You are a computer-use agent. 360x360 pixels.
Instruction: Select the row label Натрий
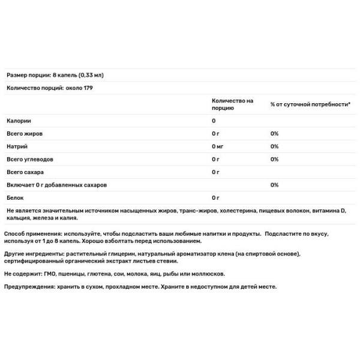point(16,146)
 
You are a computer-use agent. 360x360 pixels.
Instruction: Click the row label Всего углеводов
point(29,159)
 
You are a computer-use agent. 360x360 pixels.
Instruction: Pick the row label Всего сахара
point(25,172)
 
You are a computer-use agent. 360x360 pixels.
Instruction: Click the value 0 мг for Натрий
point(219,146)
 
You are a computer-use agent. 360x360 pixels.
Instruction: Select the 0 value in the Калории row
point(214,121)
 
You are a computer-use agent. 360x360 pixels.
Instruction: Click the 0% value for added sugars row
point(274,185)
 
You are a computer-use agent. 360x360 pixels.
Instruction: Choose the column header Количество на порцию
point(232,104)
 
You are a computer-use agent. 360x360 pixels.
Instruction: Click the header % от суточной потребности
point(310,104)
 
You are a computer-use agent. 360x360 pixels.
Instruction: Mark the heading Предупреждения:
point(29,287)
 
